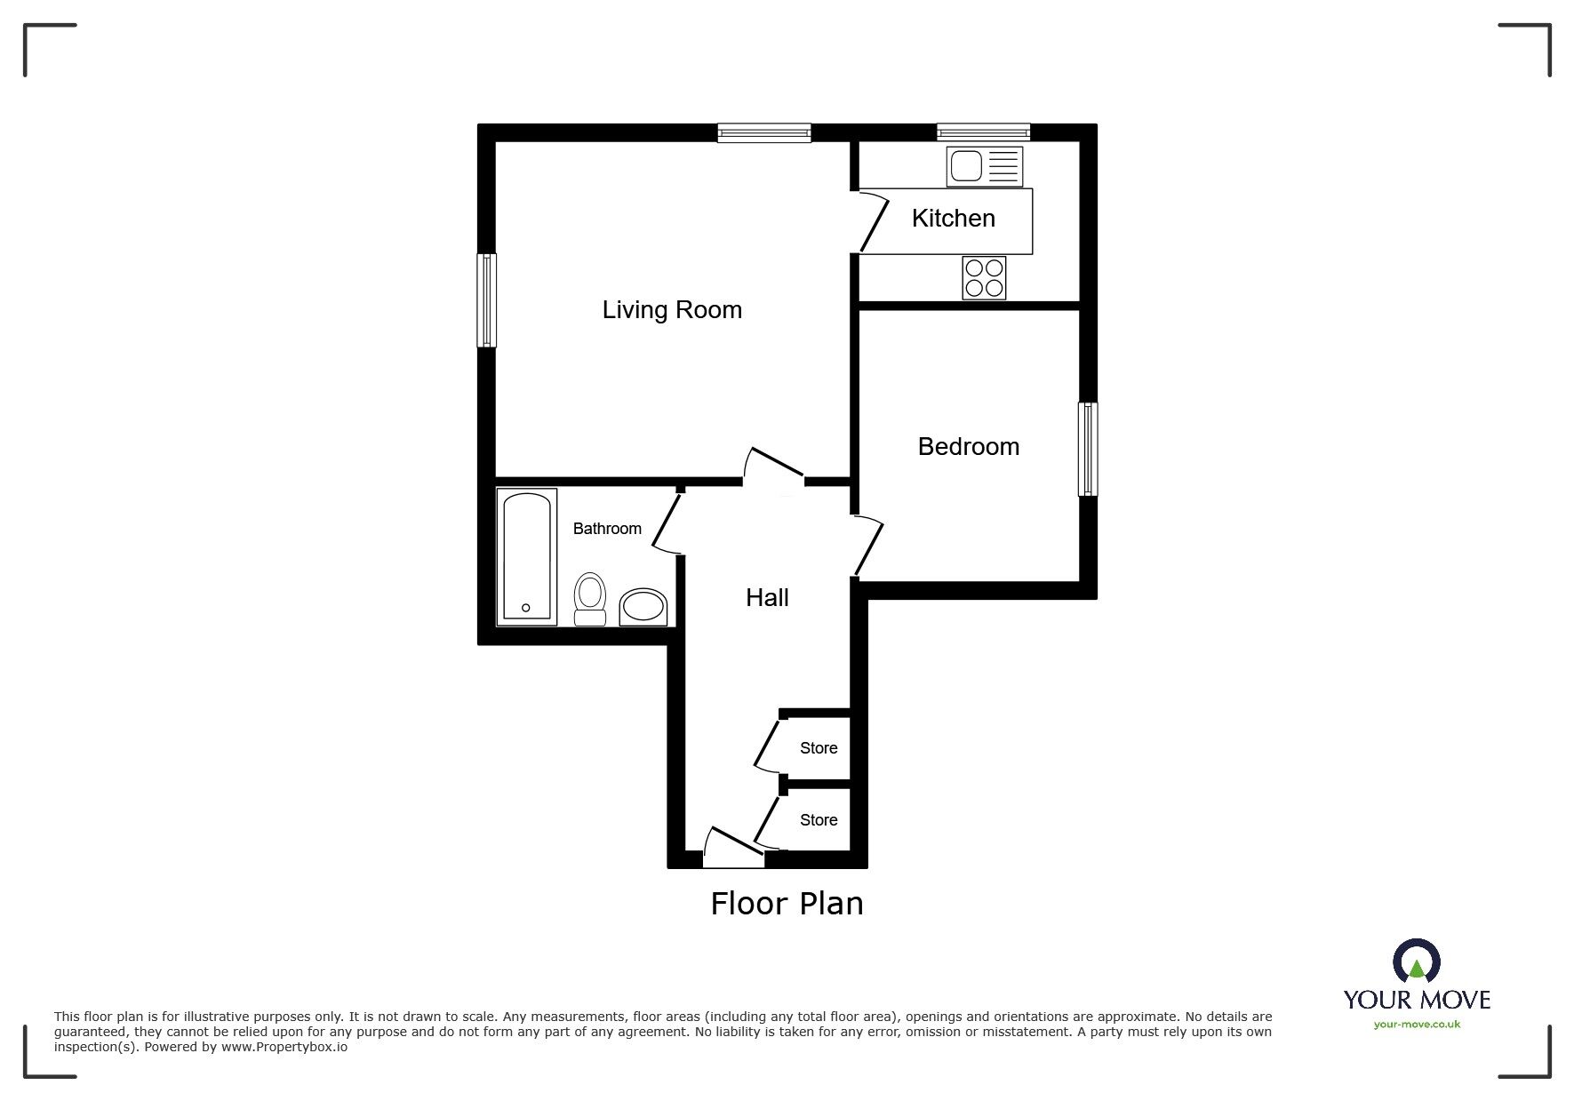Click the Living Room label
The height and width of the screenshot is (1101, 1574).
[672, 310]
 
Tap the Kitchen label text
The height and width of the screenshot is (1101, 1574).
[953, 219]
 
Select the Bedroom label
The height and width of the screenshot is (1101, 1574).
[968, 446]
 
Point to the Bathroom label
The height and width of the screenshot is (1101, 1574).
[607, 529]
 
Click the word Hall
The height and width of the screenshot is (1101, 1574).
[767, 598]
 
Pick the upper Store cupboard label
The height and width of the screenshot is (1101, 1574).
[819, 748]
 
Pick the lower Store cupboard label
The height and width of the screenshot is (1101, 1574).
[819, 820]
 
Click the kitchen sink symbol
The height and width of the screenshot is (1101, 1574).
[985, 166]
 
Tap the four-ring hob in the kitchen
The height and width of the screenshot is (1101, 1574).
[984, 277]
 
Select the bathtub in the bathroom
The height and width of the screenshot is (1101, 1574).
[527, 555]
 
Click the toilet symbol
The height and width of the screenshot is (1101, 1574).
[590, 599]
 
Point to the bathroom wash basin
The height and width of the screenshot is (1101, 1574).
[643, 607]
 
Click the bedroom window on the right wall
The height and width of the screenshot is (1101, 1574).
[1088, 449]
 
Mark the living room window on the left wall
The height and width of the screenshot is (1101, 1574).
[486, 300]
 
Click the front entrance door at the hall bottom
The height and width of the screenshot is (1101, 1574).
[733, 849]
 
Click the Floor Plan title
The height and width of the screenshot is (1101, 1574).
[787, 904]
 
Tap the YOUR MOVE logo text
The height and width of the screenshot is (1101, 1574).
[1416, 1000]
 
